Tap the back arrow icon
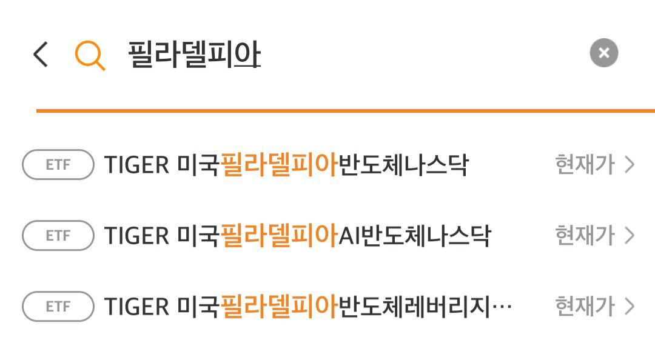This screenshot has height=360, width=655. point(41,55)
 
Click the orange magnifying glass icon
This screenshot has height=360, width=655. point(90,56)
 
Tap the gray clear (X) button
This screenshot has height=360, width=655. point(603,53)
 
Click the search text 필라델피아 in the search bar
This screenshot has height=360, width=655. point(194,55)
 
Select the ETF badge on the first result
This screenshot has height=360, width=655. point(58,165)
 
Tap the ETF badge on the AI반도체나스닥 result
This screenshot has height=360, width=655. point(58,236)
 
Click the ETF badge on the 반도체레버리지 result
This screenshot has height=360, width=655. point(58,307)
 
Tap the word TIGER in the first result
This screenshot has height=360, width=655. point(136,165)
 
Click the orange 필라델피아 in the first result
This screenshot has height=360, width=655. point(279,164)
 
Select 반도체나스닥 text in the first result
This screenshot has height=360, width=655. point(403,164)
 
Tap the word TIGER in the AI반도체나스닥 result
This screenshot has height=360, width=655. point(136,236)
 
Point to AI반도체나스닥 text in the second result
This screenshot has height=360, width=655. point(414,235)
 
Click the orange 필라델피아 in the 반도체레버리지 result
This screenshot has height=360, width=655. point(279,306)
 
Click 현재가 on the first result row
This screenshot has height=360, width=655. point(585,164)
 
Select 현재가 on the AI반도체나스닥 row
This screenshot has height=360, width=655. point(585,235)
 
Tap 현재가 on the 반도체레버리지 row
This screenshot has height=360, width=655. point(585,306)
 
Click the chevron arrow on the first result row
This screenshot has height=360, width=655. point(630,165)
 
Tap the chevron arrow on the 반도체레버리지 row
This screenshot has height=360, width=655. point(630,307)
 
